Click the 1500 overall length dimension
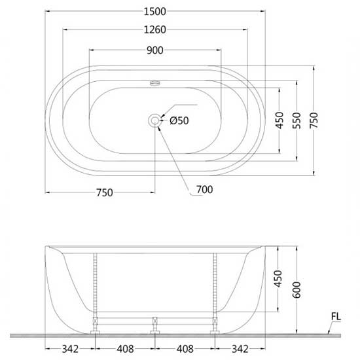tap(154, 12)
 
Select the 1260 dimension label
tap(154, 30)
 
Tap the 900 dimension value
tap(155, 50)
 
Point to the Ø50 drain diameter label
tap(179, 120)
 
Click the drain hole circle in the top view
tap(154, 120)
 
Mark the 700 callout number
tap(205, 190)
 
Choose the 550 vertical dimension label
tap(297, 120)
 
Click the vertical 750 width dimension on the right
tap(314, 120)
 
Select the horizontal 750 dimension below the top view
tap(105, 192)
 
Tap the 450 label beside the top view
tap(279, 120)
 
